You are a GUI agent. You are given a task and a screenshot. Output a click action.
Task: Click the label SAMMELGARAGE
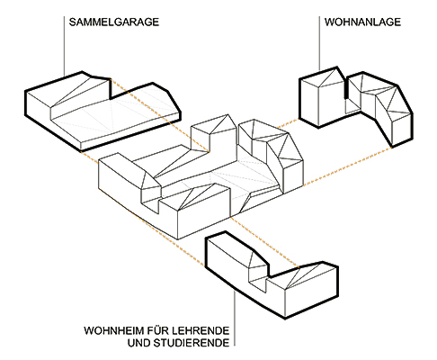[114, 22]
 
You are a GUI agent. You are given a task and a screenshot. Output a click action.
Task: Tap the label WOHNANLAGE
[362, 22]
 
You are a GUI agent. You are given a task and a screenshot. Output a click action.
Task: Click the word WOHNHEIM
[114, 330]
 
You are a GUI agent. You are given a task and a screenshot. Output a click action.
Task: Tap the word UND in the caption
[139, 343]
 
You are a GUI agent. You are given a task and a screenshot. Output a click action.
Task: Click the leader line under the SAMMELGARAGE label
[64, 46]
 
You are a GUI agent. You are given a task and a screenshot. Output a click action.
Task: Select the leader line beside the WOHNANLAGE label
[319, 44]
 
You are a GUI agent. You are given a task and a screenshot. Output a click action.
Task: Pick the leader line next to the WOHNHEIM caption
[235, 319]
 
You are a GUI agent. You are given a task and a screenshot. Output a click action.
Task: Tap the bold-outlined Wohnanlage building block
[355, 105]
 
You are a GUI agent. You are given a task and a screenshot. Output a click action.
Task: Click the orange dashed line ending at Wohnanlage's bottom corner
[348, 166]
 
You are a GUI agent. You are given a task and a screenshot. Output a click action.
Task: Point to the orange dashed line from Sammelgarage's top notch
[160, 115]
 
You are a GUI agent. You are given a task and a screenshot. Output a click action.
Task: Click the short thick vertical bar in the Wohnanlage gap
[346, 88]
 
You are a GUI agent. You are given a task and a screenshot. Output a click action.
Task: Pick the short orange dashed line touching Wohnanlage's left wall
[288, 123]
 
